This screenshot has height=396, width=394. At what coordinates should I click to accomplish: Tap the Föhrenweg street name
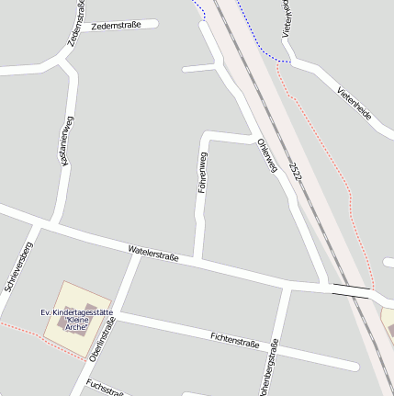tap(203, 172)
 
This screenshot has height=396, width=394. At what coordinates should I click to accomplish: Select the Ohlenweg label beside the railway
tap(267, 155)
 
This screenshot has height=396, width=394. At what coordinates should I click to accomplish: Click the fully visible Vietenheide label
tap(355, 104)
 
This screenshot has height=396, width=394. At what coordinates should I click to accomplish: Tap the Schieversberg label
tap(17, 267)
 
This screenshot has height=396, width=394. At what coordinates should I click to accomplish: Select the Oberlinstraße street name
tap(104, 340)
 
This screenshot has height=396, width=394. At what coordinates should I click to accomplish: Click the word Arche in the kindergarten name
tap(75, 328)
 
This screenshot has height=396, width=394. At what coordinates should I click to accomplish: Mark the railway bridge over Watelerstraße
tap(352, 291)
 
